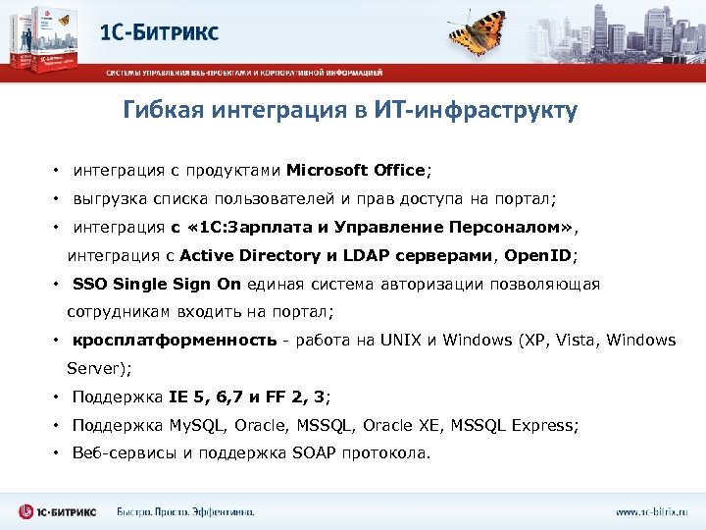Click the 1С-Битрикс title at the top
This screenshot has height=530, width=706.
point(159,32)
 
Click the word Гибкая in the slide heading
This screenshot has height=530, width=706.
point(158,110)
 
